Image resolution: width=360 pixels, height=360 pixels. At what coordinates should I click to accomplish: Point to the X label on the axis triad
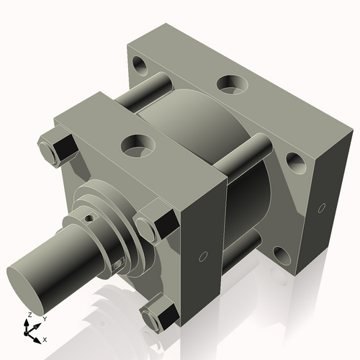pyautogui.click(x=45, y=338)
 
